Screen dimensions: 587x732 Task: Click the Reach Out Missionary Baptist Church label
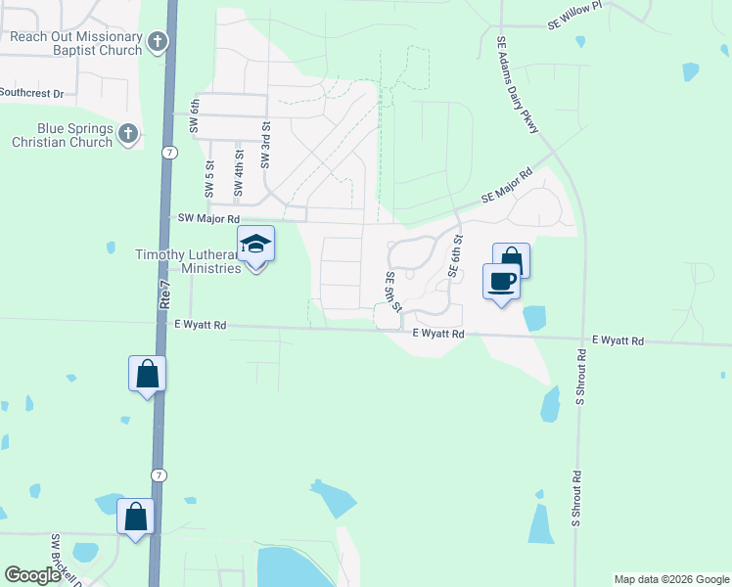pyautogui.click(x=75, y=44)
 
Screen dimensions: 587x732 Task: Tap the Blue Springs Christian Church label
pyautogui.click(x=62, y=135)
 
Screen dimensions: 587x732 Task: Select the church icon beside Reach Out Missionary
pyautogui.click(x=159, y=41)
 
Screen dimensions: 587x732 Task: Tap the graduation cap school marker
pyautogui.click(x=255, y=245)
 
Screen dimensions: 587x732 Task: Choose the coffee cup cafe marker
pyautogui.click(x=501, y=282)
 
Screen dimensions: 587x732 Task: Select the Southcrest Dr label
pyautogui.click(x=31, y=94)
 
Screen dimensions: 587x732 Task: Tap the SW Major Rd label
pyautogui.click(x=206, y=218)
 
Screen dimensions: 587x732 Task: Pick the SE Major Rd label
pyautogui.click(x=506, y=186)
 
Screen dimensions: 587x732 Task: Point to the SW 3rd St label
pyautogui.click(x=264, y=144)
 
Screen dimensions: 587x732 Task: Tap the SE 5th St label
pyautogui.click(x=392, y=292)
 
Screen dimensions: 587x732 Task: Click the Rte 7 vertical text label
pyautogui.click(x=165, y=292)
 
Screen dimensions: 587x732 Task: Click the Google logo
pyautogui.click(x=32, y=575)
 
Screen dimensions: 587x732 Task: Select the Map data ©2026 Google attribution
pyautogui.click(x=671, y=579)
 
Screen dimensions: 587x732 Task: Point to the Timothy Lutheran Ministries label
pyautogui.click(x=188, y=261)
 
